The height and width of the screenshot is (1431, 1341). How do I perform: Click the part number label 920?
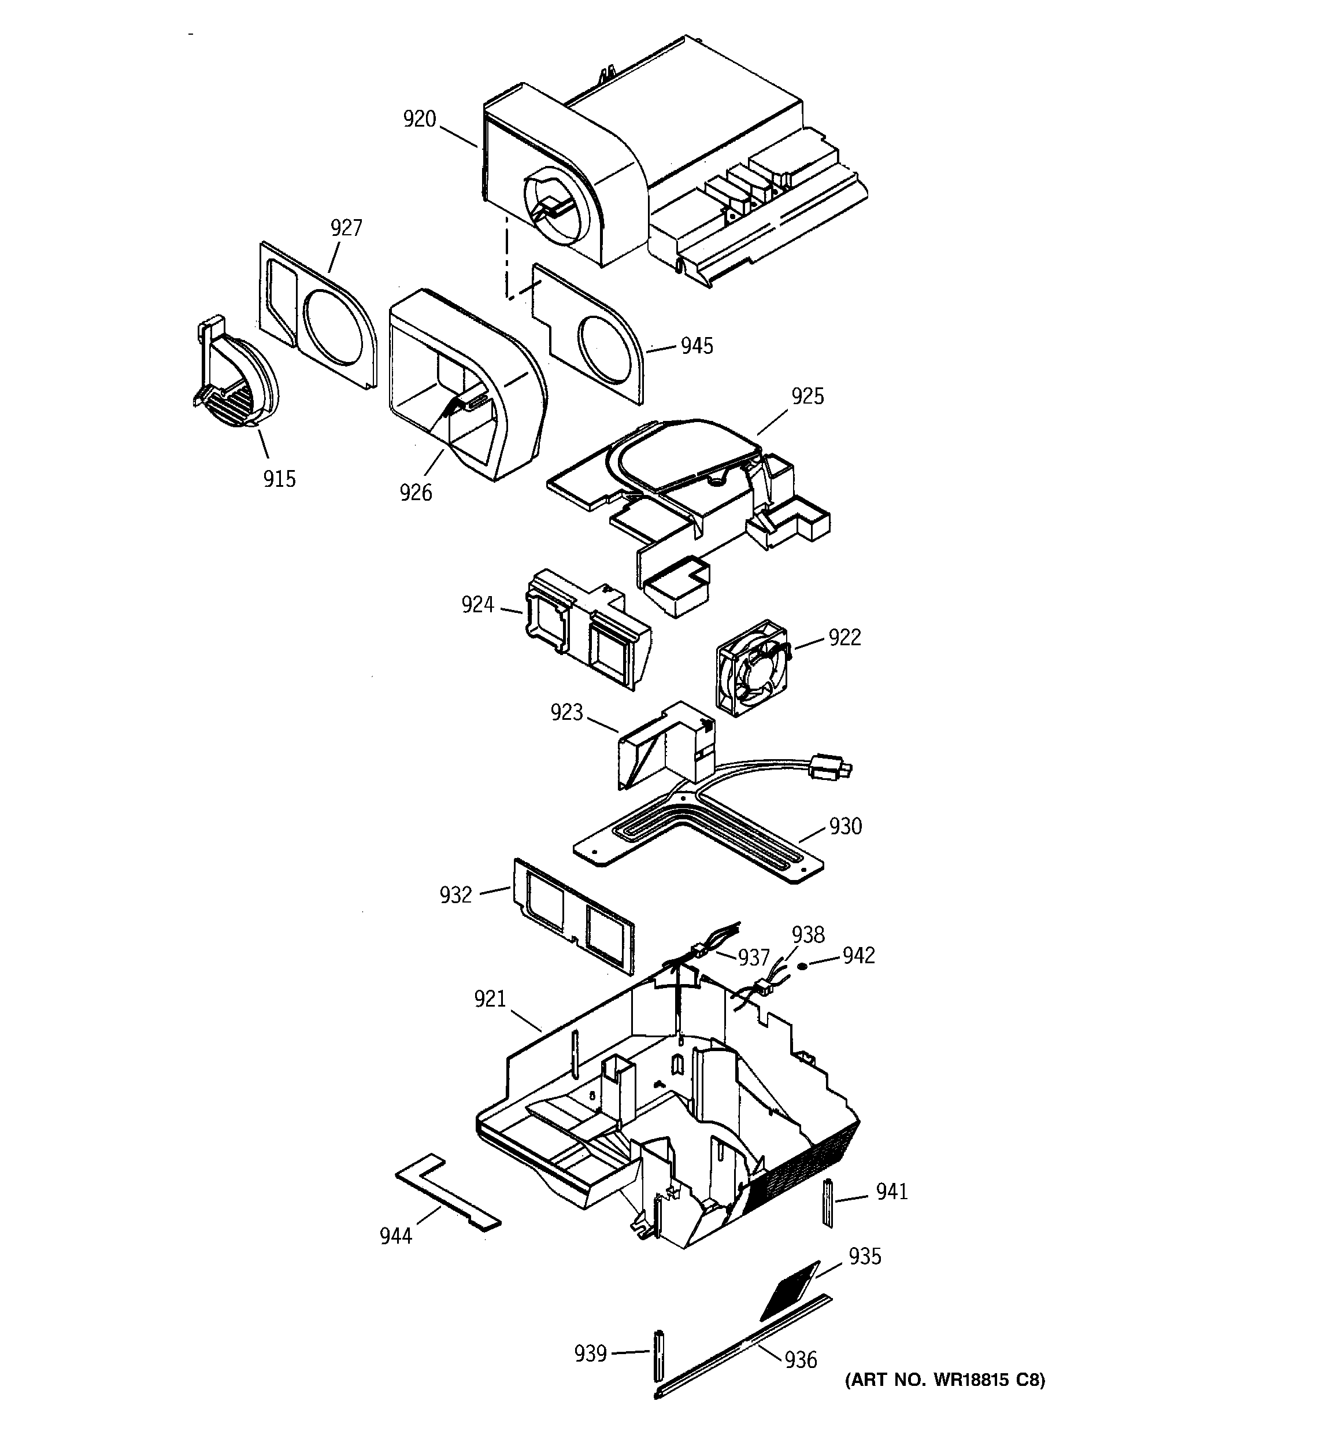click(x=420, y=119)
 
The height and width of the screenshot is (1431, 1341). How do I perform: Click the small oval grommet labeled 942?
click(x=803, y=964)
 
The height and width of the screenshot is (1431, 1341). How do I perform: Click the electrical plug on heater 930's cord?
click(x=830, y=768)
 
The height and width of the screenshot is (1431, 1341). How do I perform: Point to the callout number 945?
click(x=697, y=346)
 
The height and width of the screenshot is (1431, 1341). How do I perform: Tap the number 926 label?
click(x=416, y=493)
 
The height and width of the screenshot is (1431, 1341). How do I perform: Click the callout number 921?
click(x=490, y=999)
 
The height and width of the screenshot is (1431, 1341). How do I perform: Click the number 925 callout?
click(x=807, y=397)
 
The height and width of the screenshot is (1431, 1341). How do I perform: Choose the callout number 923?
click(x=566, y=713)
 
